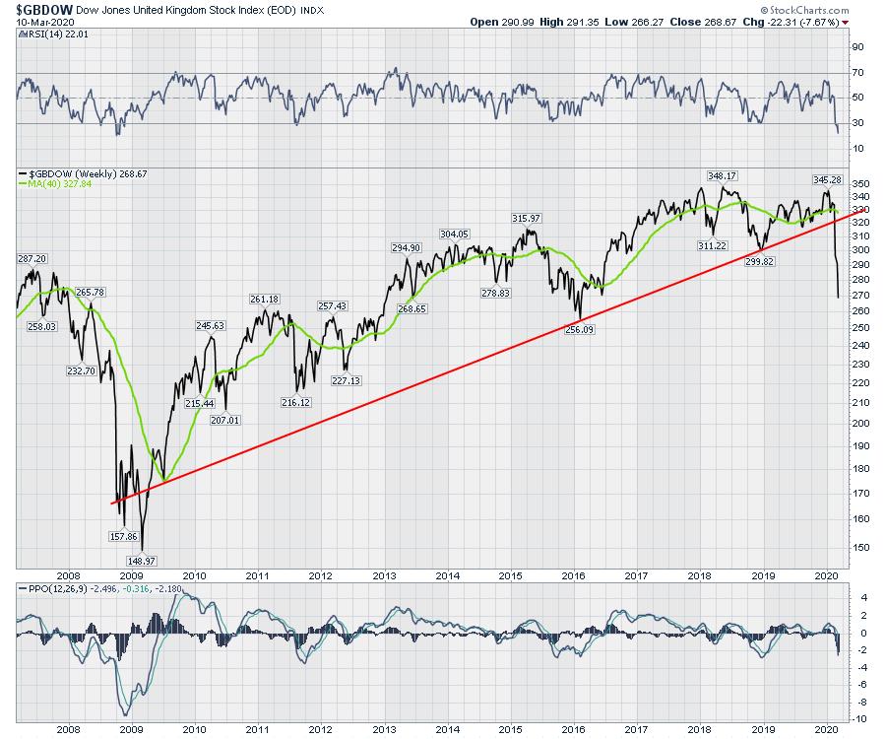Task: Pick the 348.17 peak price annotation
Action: click(722, 175)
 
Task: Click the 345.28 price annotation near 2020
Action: click(824, 180)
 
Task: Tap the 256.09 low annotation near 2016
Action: click(582, 329)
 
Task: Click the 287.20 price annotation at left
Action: click(32, 257)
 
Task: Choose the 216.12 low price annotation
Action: click(296, 402)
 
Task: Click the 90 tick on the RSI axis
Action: click(856, 47)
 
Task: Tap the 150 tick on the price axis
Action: click(859, 548)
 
